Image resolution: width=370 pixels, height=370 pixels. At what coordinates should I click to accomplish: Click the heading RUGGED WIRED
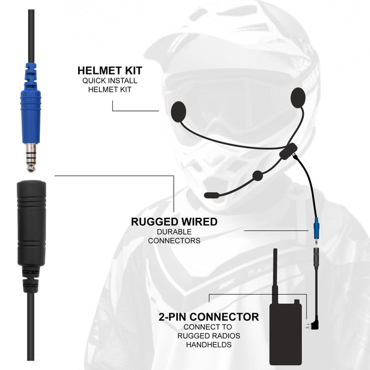coord(174,222)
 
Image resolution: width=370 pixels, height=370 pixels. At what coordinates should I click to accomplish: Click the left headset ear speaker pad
coord(179,110)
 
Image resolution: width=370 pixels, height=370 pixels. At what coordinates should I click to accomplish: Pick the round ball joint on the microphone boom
coord(257,175)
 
